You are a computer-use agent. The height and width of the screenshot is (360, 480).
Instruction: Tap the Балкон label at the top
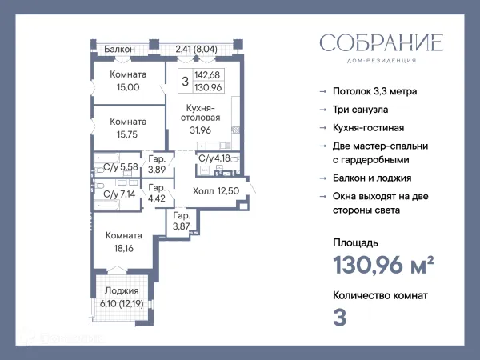tap(119, 50)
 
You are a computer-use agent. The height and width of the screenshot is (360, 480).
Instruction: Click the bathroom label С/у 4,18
tap(215, 158)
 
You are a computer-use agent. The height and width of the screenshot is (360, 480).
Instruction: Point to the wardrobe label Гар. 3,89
tap(158, 164)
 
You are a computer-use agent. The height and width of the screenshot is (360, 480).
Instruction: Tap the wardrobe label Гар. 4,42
tap(158, 193)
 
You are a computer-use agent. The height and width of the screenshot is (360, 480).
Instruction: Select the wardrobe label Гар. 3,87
tap(182, 222)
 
